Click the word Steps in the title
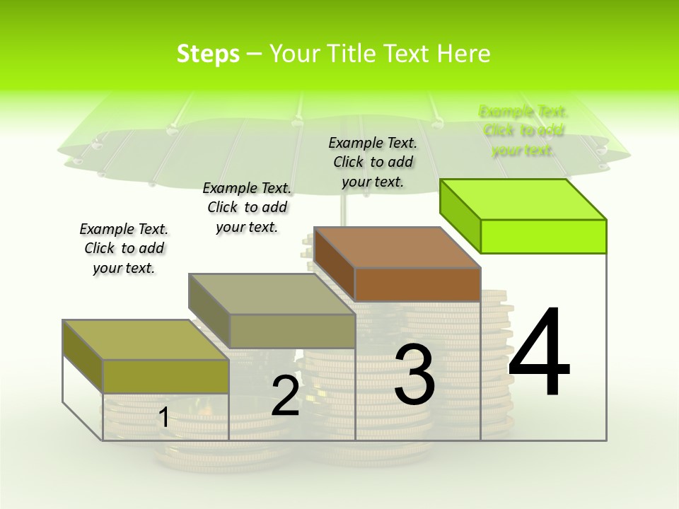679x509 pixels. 208,54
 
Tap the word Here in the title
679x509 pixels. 463,54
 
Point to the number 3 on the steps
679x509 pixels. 414,374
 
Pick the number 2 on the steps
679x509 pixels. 285,396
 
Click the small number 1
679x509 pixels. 163,418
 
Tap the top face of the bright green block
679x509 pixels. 523,199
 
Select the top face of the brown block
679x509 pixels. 397,247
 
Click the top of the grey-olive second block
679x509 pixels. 272,294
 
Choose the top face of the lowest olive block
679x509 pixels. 146,340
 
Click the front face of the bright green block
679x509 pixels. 543,236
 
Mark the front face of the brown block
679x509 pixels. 417,285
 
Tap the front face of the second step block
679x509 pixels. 292,331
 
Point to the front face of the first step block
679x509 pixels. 166,376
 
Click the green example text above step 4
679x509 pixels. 523,131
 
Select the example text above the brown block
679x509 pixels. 373,162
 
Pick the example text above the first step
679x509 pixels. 124,248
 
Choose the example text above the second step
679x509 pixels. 247,207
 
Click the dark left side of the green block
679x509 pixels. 460,213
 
